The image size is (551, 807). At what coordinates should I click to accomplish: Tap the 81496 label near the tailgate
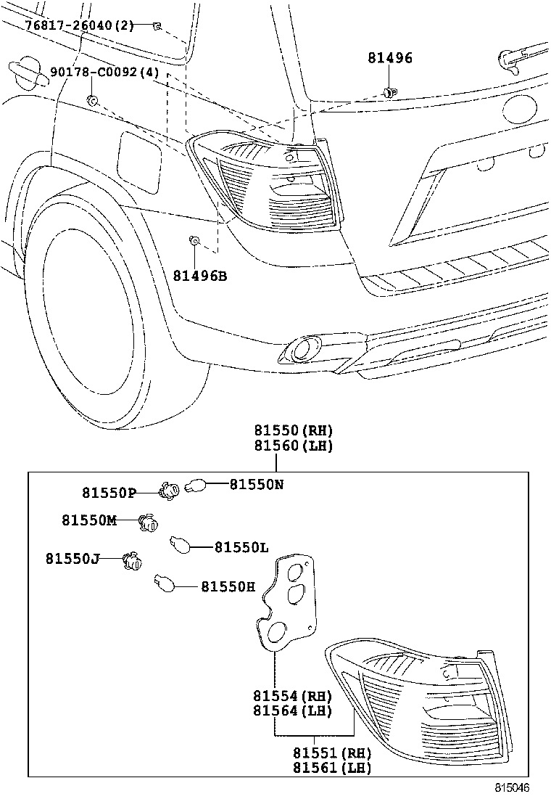[389, 58]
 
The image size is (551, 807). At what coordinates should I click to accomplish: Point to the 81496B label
[199, 276]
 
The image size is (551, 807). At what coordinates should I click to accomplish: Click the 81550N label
[257, 484]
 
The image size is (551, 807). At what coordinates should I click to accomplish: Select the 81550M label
[88, 520]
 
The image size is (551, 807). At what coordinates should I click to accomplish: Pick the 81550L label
[241, 547]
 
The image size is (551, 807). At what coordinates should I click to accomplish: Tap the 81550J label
[72, 558]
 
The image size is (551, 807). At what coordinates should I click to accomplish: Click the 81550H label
[228, 586]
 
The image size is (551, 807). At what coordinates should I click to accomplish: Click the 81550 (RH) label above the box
[293, 430]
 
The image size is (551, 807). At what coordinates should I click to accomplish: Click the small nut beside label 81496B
[194, 240]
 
